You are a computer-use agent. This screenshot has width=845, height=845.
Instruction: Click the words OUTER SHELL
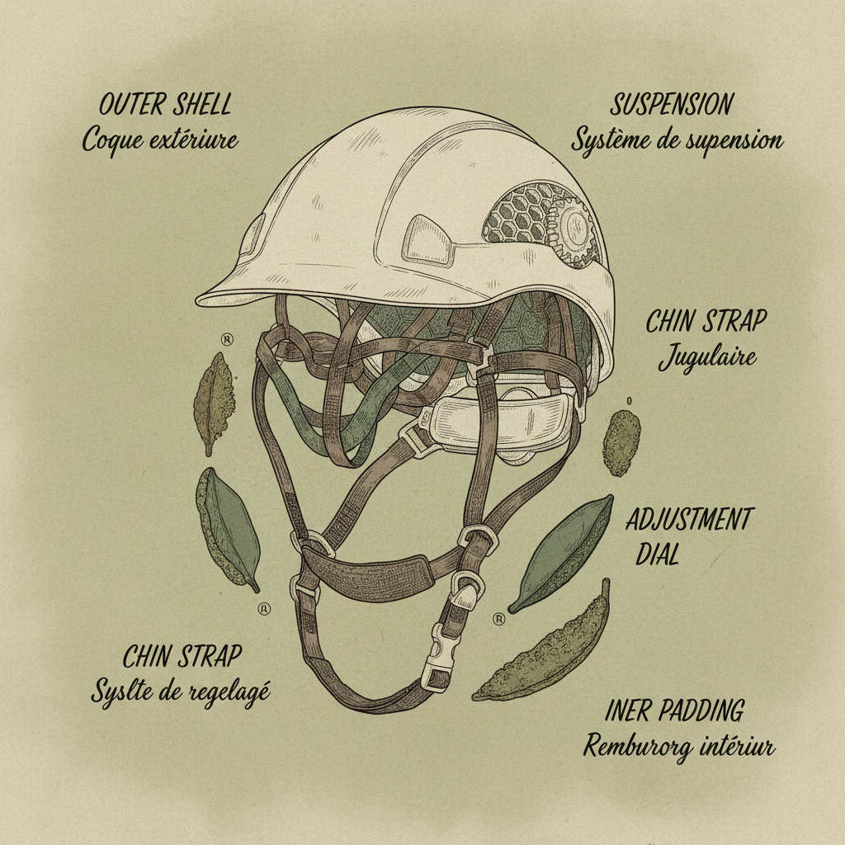coord(165,106)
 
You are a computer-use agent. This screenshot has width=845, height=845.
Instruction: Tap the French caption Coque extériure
coord(160,139)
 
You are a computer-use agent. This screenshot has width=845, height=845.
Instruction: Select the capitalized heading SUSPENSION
coord(672,105)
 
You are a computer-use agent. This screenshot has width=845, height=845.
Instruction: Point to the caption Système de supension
coord(677,139)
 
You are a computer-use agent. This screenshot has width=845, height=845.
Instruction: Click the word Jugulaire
coord(707,358)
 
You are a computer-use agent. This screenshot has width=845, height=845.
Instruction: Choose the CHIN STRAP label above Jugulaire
coord(706,322)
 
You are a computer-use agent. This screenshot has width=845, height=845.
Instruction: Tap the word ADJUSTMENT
coord(689,521)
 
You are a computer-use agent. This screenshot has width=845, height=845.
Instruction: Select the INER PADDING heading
coord(674,710)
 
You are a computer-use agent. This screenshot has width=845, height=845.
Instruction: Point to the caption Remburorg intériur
coord(678,748)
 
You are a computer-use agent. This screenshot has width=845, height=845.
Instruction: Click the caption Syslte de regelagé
coord(180,691)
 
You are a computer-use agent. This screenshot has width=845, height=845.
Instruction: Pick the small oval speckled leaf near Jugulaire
coord(621,442)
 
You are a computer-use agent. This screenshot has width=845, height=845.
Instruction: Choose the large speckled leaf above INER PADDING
coord(546,648)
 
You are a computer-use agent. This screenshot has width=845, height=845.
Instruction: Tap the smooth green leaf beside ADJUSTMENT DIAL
coord(563,550)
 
